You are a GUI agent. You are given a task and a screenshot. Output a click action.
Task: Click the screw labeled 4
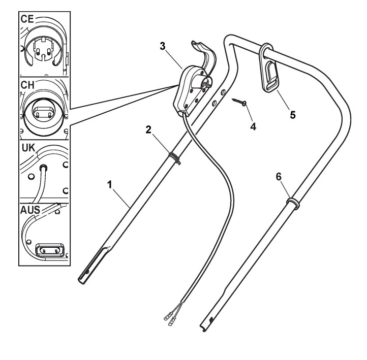point(239,103)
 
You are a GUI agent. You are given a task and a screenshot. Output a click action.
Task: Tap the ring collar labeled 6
point(292,203)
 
